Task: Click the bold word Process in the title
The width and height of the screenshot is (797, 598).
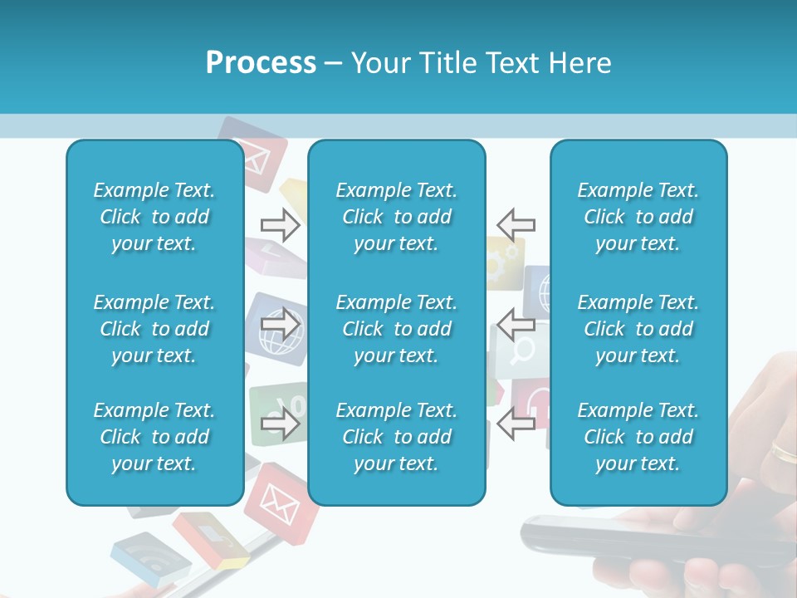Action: pos(261,62)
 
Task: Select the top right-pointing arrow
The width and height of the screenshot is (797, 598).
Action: pos(280,224)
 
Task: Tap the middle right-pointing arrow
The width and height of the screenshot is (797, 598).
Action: pos(280,323)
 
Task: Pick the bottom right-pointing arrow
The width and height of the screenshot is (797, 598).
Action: pos(280,424)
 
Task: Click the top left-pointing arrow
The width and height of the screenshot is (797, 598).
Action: pos(516,224)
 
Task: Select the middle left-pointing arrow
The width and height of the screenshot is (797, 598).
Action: pos(516,323)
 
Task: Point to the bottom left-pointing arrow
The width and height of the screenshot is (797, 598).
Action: pos(516,424)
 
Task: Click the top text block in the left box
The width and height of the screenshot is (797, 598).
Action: pos(154,217)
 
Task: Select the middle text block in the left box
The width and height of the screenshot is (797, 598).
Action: pos(154,329)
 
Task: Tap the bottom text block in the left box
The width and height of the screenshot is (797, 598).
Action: pos(154,437)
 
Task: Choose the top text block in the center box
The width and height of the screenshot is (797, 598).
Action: pos(396,217)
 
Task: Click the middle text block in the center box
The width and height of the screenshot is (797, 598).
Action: pos(396,329)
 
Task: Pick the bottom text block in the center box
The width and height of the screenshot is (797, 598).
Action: pos(396,437)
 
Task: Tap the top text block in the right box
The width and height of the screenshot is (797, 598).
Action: pos(638,217)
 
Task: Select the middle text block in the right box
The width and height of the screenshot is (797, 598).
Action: pos(638,329)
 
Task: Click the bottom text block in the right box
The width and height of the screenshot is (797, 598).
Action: pos(638,437)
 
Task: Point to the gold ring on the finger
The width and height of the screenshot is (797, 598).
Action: pos(783,451)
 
